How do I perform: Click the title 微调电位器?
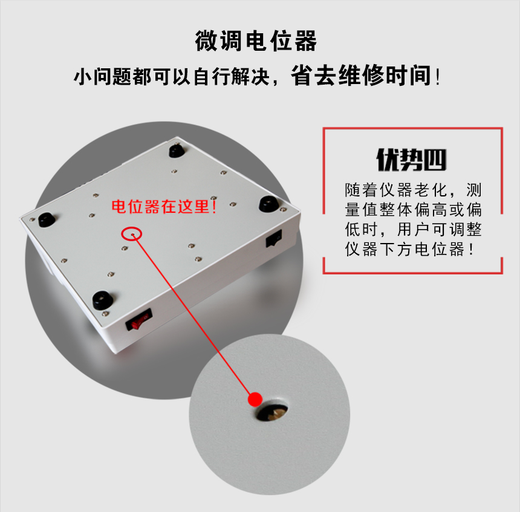click(x=256, y=42)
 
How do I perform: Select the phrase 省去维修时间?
click(x=361, y=76)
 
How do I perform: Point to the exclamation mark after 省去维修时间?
click(x=438, y=77)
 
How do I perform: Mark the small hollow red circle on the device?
click(x=132, y=233)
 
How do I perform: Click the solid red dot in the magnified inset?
click(x=255, y=400)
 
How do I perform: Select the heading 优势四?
click(x=412, y=160)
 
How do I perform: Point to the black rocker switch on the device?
click(x=274, y=240)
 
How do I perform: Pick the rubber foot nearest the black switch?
click(x=268, y=203)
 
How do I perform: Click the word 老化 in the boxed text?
click(x=431, y=190)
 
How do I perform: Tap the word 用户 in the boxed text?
click(x=412, y=229)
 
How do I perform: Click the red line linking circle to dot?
click(x=193, y=317)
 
